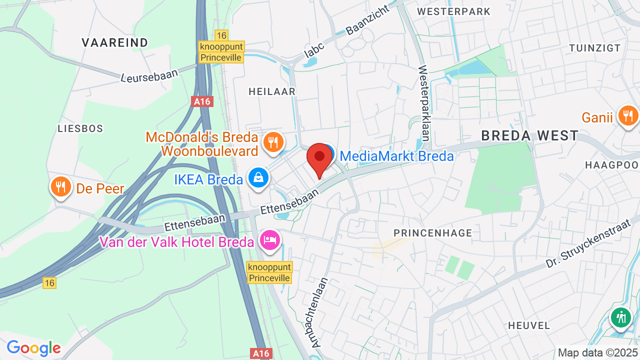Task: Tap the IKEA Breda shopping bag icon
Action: click(258, 178)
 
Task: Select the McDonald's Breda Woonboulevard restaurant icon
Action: click(272, 142)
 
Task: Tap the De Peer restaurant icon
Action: click(60, 187)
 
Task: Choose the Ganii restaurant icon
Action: click(628, 116)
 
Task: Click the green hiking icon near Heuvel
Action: click(621, 317)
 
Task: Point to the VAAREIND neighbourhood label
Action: click(115, 43)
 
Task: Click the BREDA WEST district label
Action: click(529, 135)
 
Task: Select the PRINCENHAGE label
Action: click(432, 233)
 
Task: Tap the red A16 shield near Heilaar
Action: click(202, 101)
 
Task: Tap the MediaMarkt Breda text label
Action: click(396, 156)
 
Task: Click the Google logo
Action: click(33, 347)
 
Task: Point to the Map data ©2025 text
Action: click(598, 352)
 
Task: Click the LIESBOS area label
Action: click(80, 128)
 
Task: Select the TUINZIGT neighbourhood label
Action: click(594, 48)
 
